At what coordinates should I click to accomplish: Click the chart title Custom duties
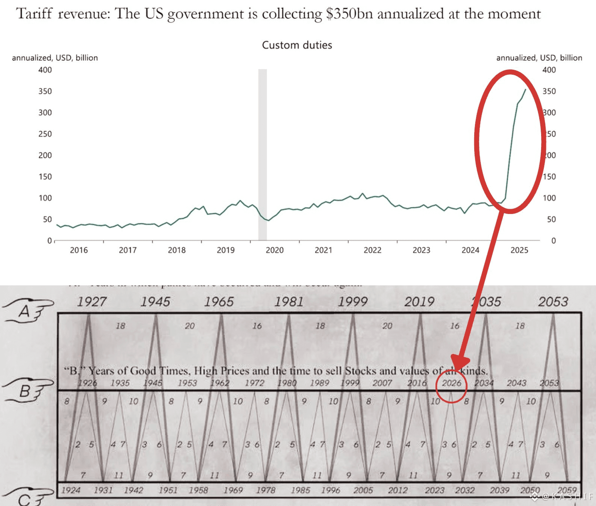[x=297, y=45]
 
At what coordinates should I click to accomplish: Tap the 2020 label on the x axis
[x=275, y=250]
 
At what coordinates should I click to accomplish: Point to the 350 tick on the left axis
[x=45, y=91]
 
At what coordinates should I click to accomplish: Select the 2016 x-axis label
[x=79, y=250]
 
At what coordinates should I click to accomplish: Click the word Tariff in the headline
[x=34, y=14]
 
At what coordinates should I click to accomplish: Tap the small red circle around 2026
[x=451, y=387]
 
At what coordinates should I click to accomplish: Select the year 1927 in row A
[x=92, y=302]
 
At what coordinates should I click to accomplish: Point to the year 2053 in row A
[x=553, y=302]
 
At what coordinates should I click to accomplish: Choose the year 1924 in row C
[x=71, y=490]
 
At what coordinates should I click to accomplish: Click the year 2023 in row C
[x=434, y=490]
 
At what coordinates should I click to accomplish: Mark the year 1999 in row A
[x=352, y=302]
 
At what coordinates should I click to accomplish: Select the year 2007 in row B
[x=382, y=383]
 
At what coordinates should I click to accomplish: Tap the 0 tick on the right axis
[x=553, y=241]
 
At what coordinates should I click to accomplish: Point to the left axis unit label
[x=55, y=58]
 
